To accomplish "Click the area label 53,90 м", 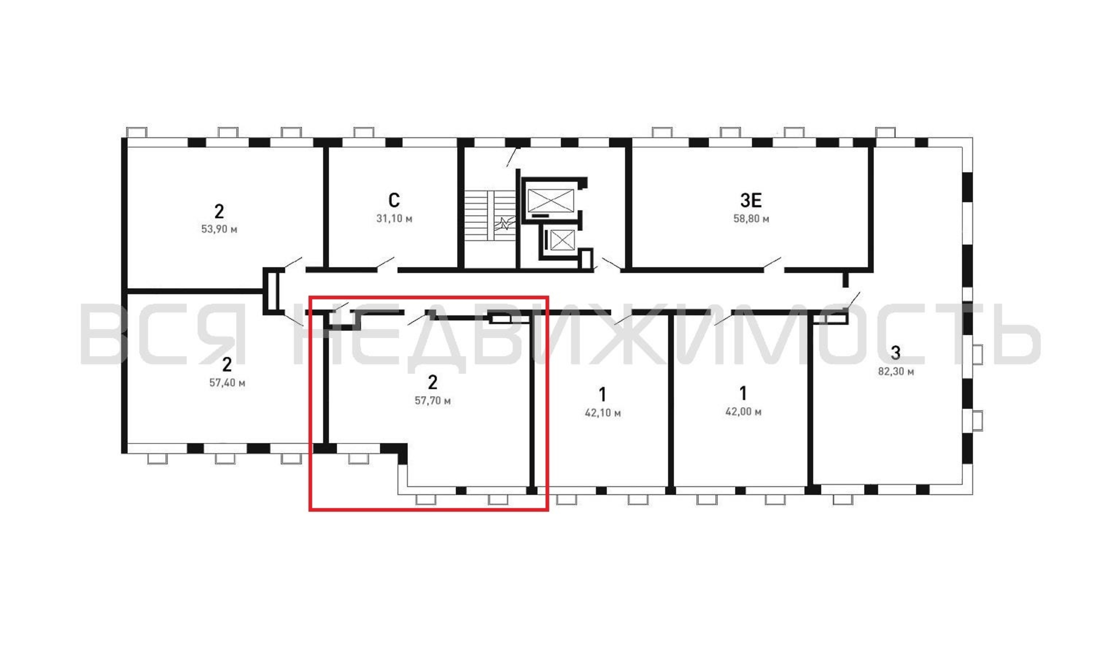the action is pyautogui.click(x=219, y=229).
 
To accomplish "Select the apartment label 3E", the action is pyautogui.click(x=751, y=201).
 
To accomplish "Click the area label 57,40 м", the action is pyautogui.click(x=227, y=382).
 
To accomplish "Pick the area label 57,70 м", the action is pyautogui.click(x=433, y=401).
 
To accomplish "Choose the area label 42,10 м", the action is pyautogui.click(x=603, y=413).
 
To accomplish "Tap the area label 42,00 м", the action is pyautogui.click(x=743, y=412).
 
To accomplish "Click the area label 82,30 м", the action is pyautogui.click(x=896, y=371).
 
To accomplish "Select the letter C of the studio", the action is pyautogui.click(x=394, y=201).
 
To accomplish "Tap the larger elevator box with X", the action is pyautogui.click(x=551, y=201).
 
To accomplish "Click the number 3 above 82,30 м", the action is pyautogui.click(x=895, y=353).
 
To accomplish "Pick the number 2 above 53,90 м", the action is pyautogui.click(x=219, y=211).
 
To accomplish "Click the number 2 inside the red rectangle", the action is pyautogui.click(x=433, y=382).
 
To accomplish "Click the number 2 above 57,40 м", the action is pyautogui.click(x=227, y=364).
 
